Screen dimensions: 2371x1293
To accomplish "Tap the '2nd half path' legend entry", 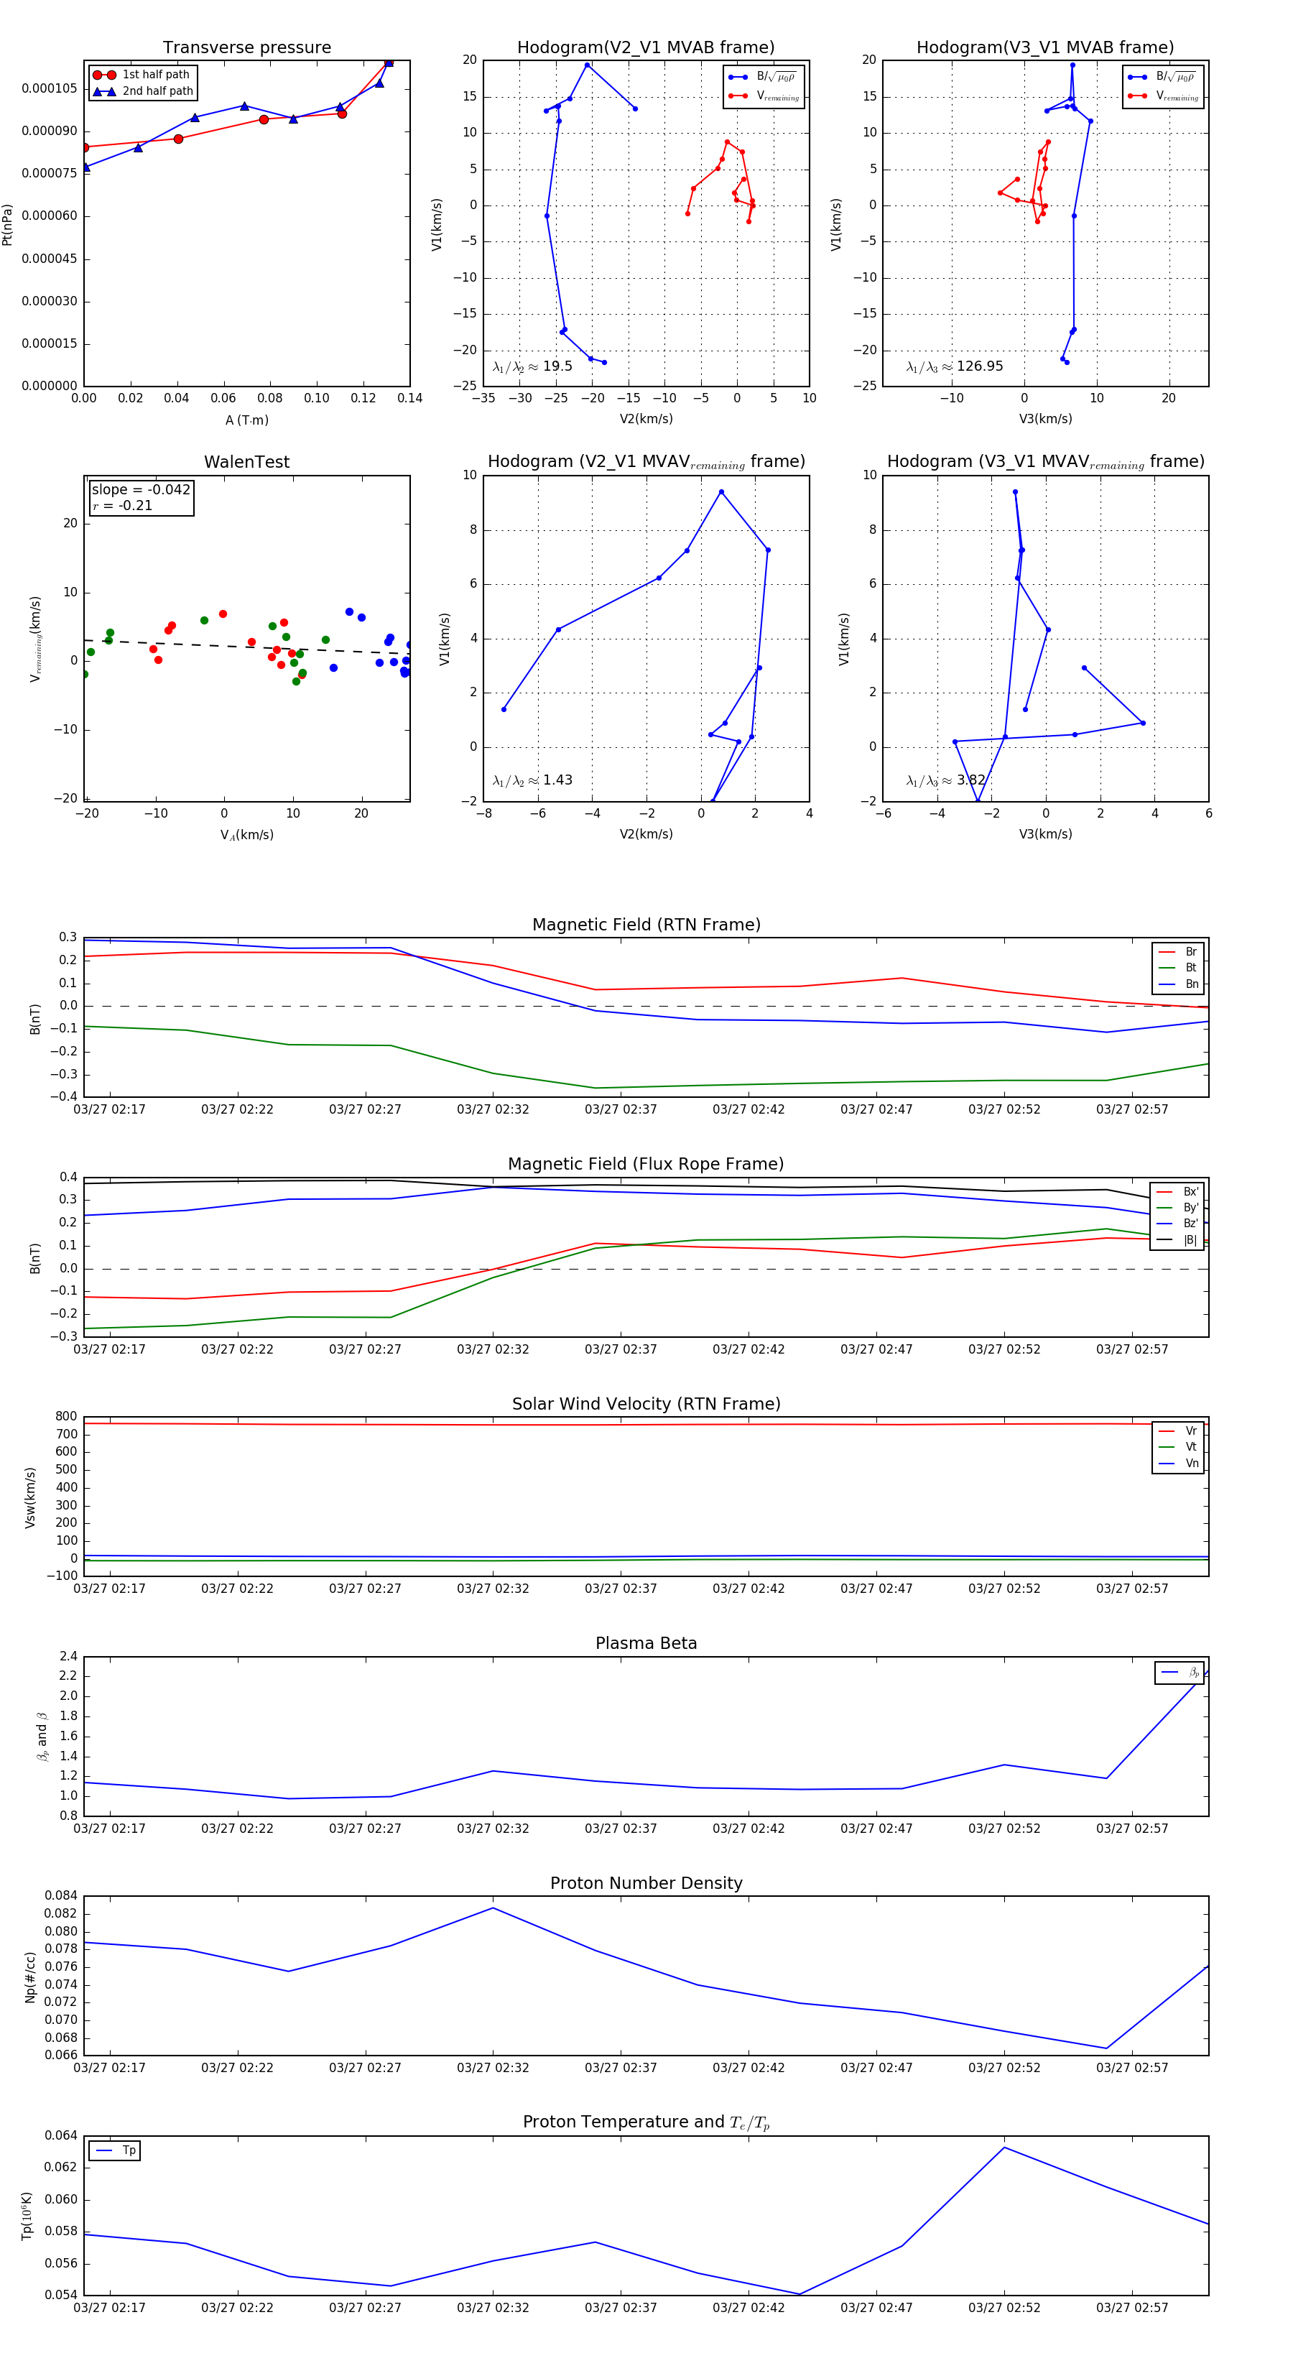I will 157,91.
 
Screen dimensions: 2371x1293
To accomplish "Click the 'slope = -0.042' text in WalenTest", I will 141,490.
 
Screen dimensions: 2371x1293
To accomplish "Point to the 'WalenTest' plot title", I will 246,462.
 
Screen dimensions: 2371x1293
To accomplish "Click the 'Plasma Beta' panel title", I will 646,1643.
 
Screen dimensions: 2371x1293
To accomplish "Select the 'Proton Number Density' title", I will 646,1883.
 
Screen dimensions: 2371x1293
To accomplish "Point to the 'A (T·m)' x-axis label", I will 246,420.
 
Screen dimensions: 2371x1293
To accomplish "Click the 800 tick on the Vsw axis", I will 66,1417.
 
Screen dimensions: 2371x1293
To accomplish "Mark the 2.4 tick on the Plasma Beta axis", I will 68,1657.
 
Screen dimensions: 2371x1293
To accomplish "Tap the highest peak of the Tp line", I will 1004,2148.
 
